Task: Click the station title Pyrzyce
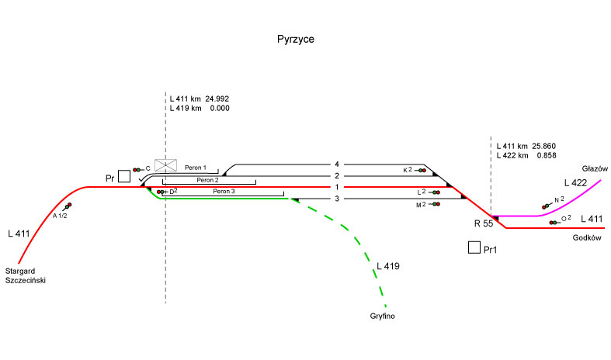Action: point(296,38)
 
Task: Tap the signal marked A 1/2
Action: point(68,206)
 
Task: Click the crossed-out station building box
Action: point(165,164)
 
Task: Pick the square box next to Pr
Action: point(124,176)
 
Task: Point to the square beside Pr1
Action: point(474,248)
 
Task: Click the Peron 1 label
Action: point(196,168)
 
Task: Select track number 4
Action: point(337,164)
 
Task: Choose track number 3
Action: point(337,199)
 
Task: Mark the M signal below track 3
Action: point(436,204)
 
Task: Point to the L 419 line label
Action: point(387,267)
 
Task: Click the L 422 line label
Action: point(576,182)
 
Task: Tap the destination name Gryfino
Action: point(384,317)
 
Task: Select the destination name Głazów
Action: point(593,168)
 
